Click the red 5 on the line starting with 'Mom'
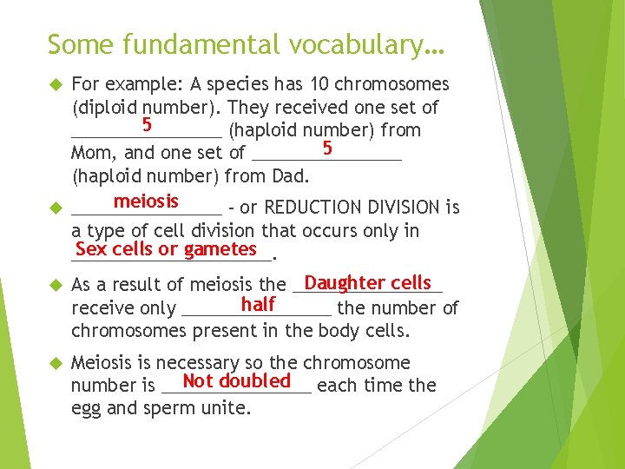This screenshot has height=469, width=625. click(x=327, y=148)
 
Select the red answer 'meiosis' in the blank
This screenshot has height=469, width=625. click(x=146, y=201)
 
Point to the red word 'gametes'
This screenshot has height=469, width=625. click(x=220, y=249)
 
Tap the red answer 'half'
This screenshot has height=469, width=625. click(x=258, y=304)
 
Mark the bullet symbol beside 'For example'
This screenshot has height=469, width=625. click(x=54, y=85)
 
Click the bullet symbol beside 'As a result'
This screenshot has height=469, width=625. click(x=54, y=285)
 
